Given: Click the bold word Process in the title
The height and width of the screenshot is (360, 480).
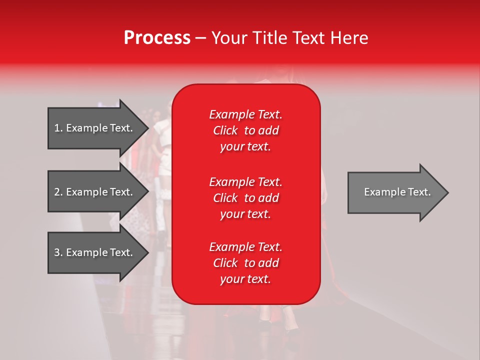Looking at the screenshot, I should (x=157, y=38).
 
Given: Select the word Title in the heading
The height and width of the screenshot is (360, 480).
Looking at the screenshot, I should (x=270, y=38).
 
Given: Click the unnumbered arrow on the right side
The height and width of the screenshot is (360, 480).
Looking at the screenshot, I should (x=395, y=192).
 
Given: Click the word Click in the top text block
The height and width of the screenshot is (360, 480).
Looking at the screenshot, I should (x=225, y=130).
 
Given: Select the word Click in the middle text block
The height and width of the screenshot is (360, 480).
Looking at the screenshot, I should (x=225, y=198).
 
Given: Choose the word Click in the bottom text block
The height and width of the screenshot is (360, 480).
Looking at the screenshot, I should (x=225, y=263).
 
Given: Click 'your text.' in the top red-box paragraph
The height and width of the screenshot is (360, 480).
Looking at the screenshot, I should (x=245, y=146).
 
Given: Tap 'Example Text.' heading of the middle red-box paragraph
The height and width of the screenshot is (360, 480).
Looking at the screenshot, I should (x=245, y=181).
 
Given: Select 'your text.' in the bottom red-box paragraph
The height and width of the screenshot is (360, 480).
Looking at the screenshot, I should (x=245, y=279).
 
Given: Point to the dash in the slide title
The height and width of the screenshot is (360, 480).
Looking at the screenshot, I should (x=200, y=38).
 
